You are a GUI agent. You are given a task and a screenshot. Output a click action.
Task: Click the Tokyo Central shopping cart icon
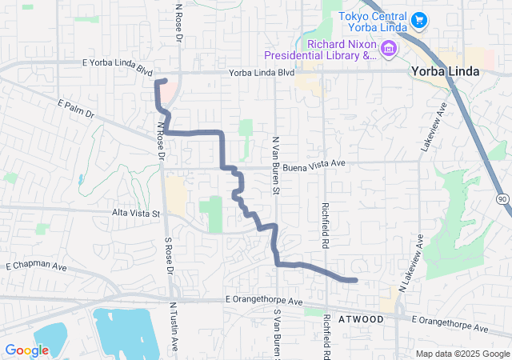[x=418, y=18]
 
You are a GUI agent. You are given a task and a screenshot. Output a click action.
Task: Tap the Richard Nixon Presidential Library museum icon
[x=389, y=49]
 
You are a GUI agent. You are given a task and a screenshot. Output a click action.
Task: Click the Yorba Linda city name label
[x=445, y=71]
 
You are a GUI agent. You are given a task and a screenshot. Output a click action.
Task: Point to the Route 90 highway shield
[x=502, y=198]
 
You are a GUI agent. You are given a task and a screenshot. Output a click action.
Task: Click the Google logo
[x=26, y=350]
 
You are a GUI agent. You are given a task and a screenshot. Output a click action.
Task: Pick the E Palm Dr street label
[x=76, y=110]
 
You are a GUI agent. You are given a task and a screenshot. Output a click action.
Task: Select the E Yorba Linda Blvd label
[x=117, y=66]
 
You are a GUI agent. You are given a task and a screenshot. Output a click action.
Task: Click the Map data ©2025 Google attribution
[x=461, y=354]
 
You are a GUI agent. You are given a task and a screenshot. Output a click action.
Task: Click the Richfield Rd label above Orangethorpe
[x=326, y=212]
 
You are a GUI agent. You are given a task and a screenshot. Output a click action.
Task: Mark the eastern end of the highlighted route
[x=354, y=280]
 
